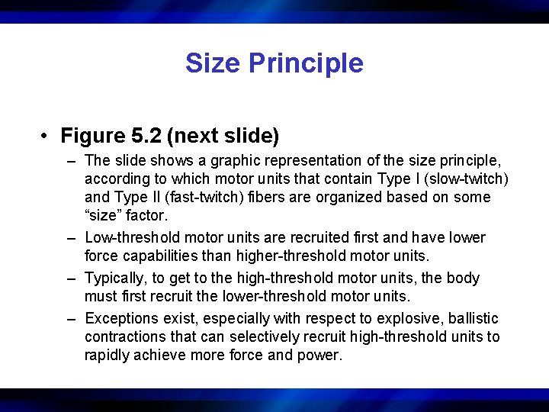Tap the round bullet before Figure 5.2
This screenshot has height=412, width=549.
pos(47,137)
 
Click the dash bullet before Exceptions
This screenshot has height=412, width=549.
pos(70,318)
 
